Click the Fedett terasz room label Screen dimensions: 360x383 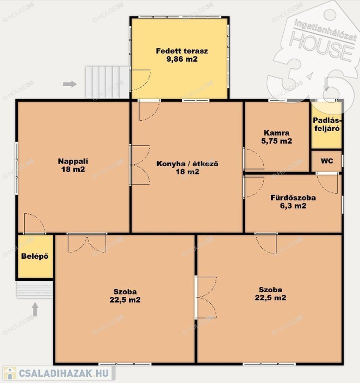click(x=182, y=51)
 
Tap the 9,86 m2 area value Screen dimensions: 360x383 click(x=182, y=59)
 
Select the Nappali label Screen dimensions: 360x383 click(x=73, y=161)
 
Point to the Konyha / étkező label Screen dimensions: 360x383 click(x=187, y=164)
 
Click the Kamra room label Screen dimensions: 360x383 click(x=276, y=133)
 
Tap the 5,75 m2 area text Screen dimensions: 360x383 click(x=276, y=141)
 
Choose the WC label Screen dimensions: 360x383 click(x=327, y=161)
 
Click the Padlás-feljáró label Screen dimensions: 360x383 click(x=327, y=124)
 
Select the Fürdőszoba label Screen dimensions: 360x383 click(x=293, y=197)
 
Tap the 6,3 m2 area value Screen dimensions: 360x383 click(x=293, y=205)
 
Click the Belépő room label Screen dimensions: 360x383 click(x=35, y=256)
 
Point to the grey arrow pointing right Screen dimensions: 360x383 click(x=70, y=84)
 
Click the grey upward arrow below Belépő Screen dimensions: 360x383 click(x=35, y=310)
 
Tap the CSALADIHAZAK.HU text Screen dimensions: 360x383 click(x=64, y=373)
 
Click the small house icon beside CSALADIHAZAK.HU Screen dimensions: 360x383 click(x=10, y=373)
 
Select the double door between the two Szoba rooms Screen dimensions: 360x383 click(x=206, y=298)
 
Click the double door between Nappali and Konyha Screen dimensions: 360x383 click(x=140, y=165)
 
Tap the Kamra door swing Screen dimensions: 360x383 click(x=254, y=159)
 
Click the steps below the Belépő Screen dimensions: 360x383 click(x=35, y=289)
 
